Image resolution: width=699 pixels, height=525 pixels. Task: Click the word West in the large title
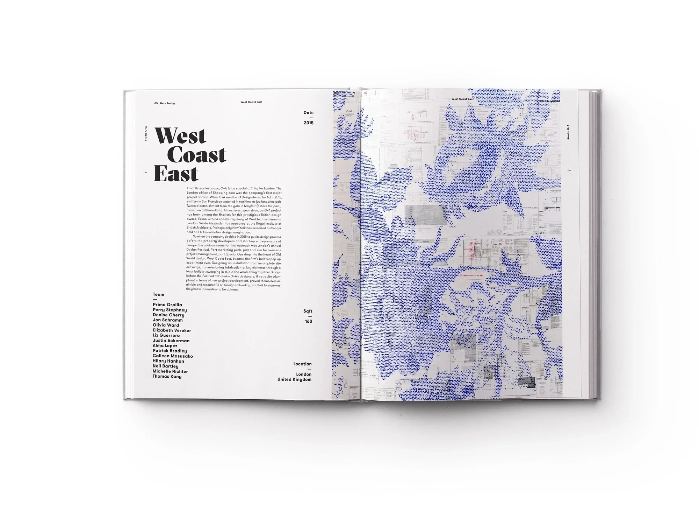[180, 136]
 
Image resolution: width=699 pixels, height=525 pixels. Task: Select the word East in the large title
[176, 174]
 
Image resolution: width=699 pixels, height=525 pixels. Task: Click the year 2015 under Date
[308, 123]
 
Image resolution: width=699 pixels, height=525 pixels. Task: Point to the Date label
[308, 113]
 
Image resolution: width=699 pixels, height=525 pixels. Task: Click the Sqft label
[308, 311]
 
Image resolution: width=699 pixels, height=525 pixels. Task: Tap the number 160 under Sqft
[308, 321]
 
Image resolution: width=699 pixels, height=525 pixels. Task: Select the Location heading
[302, 364]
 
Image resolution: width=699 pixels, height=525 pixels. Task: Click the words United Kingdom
[294, 379]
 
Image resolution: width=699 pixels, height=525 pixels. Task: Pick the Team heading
[158, 294]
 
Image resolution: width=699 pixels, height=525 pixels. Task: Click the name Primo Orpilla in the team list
[167, 305]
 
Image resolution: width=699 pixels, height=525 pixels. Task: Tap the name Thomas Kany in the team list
[167, 377]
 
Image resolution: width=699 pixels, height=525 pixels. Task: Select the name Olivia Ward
[166, 325]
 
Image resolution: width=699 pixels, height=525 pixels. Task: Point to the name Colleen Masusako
[173, 356]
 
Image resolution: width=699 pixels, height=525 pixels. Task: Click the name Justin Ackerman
[171, 341]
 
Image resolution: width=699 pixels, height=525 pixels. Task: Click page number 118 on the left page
[145, 173]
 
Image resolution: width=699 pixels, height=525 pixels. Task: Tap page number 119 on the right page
[569, 171]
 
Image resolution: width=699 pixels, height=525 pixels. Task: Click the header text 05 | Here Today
[164, 103]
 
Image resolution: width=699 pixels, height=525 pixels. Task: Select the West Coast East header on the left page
[251, 102]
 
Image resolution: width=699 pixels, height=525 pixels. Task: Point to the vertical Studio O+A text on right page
[568, 132]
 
